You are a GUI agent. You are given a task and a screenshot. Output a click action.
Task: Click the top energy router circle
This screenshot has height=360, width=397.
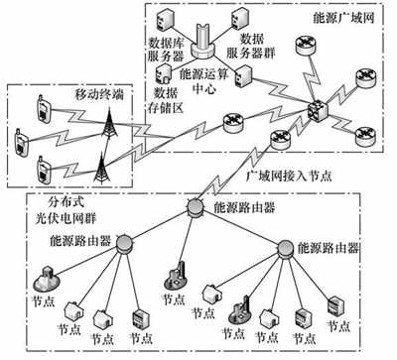[196, 208]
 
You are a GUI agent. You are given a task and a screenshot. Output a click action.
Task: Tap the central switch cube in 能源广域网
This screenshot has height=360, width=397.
[317, 108]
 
